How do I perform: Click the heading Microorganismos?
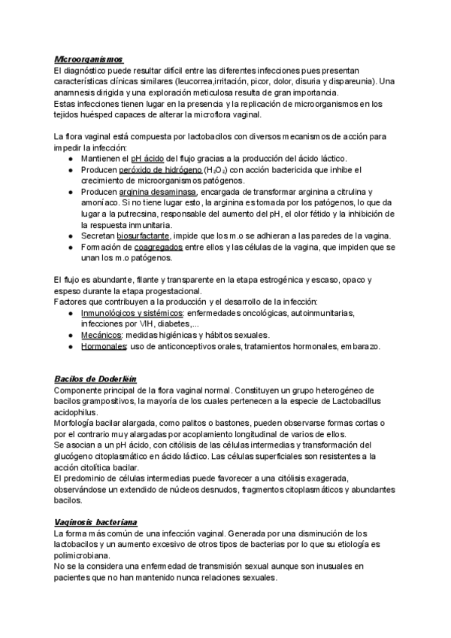click(89, 59)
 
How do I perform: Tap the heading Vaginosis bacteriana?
click(95, 521)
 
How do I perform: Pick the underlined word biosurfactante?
click(147, 235)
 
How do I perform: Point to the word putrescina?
click(138, 214)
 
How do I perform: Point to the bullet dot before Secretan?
click(70, 235)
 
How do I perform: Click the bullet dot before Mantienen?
click(70, 159)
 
